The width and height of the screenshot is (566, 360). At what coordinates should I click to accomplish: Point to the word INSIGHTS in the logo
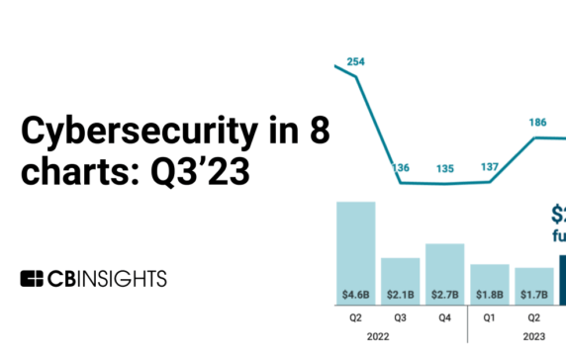(x=124, y=278)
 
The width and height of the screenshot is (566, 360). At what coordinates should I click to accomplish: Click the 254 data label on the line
(x=356, y=62)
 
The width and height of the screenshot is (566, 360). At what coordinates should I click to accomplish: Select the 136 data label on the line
(x=401, y=168)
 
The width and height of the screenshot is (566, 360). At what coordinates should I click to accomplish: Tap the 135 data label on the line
(x=444, y=169)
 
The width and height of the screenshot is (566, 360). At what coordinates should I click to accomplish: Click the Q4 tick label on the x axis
(x=444, y=318)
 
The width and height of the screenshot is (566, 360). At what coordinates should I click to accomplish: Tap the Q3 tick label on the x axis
(x=401, y=318)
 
